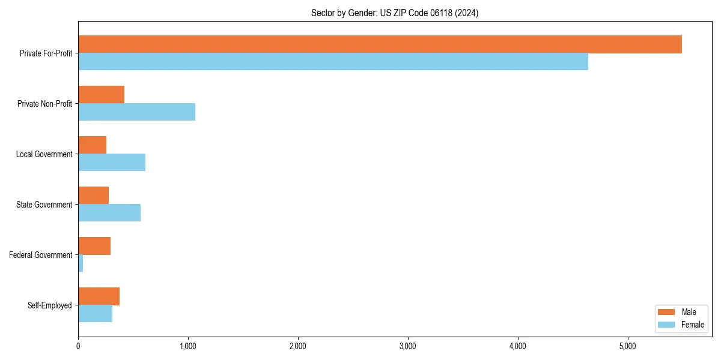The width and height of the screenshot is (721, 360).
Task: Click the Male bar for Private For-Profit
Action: coord(380,44)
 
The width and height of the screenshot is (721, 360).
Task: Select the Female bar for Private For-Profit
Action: coord(333,62)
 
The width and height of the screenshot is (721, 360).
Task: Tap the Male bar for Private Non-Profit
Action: coord(101,95)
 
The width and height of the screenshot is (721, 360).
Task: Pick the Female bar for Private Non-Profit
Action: coord(136,112)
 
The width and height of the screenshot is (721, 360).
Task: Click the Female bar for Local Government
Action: coord(112,163)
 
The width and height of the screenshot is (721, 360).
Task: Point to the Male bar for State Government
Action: coord(93,196)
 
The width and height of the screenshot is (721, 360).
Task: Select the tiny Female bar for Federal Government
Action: coord(81,263)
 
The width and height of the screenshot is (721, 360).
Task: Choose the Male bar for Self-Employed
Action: coord(99,296)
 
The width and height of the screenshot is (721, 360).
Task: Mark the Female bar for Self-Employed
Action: coord(95,314)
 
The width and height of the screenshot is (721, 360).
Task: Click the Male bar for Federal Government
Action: coord(94,246)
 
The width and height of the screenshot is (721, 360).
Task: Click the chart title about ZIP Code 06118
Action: coord(395,13)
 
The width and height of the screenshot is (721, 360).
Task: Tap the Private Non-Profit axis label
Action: coord(44,104)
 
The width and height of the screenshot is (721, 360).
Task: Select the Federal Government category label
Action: coord(41,255)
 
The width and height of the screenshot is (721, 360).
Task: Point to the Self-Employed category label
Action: coord(50,305)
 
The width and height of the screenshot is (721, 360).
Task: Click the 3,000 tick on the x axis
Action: coord(408,346)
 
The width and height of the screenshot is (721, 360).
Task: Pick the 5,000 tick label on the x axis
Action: coord(628,346)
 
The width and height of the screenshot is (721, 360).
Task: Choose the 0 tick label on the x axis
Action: coord(78,346)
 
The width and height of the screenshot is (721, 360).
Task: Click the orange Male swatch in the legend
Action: coord(667,312)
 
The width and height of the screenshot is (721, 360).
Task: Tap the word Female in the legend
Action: coord(693,325)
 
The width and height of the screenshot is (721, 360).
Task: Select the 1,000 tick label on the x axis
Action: coord(188,346)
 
